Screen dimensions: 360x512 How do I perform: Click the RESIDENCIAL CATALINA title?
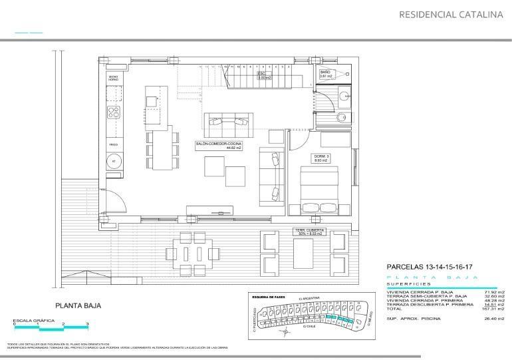click(450, 14)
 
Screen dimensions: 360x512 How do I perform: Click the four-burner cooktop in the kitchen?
click(114, 112)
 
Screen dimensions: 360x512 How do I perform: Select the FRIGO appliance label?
click(113, 144)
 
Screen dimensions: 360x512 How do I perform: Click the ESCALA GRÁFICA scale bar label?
click(35, 319)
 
